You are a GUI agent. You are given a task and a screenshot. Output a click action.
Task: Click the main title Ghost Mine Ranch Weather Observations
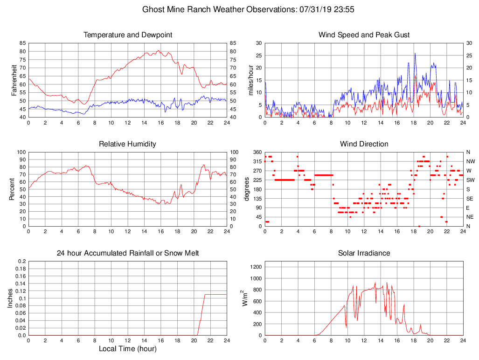(248, 9)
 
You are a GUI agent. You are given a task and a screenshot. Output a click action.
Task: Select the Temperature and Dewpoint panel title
(128, 35)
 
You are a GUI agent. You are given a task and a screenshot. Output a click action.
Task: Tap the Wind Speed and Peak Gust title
(364, 35)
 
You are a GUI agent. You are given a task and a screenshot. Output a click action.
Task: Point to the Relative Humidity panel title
(128, 144)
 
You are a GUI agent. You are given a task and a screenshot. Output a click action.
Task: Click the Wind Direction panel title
(364, 144)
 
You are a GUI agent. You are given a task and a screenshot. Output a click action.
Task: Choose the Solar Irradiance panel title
(364, 253)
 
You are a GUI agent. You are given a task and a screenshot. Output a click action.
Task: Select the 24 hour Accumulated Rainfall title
(128, 253)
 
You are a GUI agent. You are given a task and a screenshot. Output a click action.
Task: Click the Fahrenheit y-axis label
(14, 80)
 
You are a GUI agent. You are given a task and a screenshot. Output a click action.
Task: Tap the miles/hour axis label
(250, 80)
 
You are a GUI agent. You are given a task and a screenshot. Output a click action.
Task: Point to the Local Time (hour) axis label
(128, 348)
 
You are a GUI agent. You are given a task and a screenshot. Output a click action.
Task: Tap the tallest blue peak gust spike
(415, 54)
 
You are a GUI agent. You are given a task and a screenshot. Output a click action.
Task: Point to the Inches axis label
(10, 298)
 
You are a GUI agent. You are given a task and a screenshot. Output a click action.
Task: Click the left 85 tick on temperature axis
(22, 43)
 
